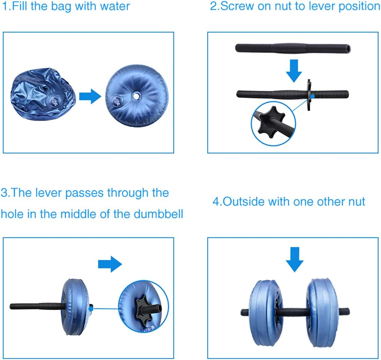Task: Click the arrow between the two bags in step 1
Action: [90, 97]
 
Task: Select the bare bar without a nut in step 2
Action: [292, 48]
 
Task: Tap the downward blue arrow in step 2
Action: [294, 70]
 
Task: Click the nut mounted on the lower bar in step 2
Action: [309, 94]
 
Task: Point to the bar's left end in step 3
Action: [12, 306]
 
